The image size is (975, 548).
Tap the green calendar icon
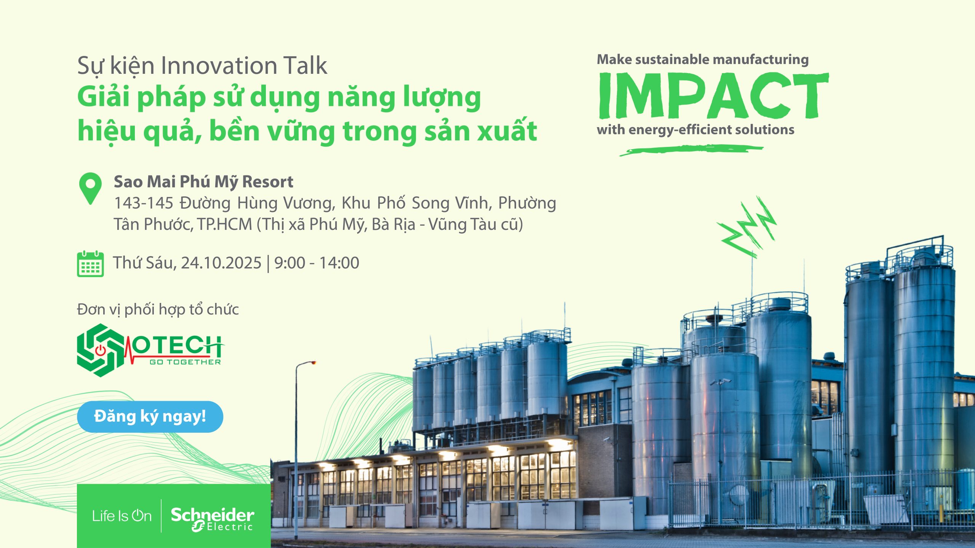point(90,264)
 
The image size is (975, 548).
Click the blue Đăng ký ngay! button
point(150,417)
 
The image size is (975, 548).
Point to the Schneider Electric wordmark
point(212,519)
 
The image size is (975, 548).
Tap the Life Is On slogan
point(122,516)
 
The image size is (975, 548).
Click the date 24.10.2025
point(221,263)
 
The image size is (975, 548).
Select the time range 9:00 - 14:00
point(316,263)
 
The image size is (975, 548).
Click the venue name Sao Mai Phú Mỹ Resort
point(204,182)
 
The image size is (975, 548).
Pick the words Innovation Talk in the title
point(244,65)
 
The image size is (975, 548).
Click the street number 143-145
point(144,203)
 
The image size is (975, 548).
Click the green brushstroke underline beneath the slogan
point(691,150)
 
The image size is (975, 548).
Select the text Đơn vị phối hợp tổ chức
point(158,309)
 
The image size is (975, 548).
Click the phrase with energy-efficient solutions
point(695,130)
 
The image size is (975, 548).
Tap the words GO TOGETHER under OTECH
point(185,362)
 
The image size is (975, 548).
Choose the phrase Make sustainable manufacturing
point(703,60)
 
